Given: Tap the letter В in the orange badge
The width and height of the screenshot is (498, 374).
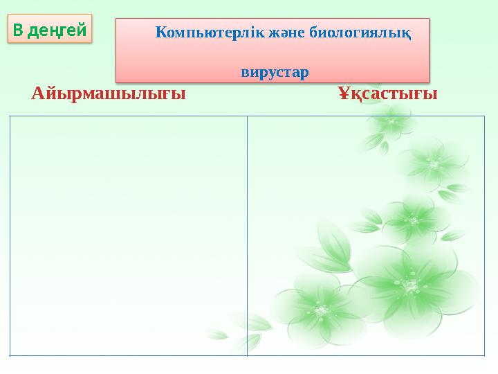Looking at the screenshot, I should (18, 30).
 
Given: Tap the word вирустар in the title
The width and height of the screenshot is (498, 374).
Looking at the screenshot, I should (275, 72).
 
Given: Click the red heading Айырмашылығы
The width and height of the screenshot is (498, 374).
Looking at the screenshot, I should (109, 93).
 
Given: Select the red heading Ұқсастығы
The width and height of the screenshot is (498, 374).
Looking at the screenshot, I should (387, 93).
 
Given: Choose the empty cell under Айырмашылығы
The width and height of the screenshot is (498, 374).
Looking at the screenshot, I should (129, 235).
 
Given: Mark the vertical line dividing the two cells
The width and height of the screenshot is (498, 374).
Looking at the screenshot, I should (247, 235).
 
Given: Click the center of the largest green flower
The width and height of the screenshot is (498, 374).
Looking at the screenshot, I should (412, 285).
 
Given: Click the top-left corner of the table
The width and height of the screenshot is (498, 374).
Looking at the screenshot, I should (10, 117).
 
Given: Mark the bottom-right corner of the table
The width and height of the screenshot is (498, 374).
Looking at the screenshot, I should (483, 355).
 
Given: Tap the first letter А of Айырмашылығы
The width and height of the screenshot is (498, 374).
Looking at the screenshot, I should (38, 93).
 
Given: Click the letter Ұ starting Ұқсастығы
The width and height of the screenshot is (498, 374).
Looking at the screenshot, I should (343, 93).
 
